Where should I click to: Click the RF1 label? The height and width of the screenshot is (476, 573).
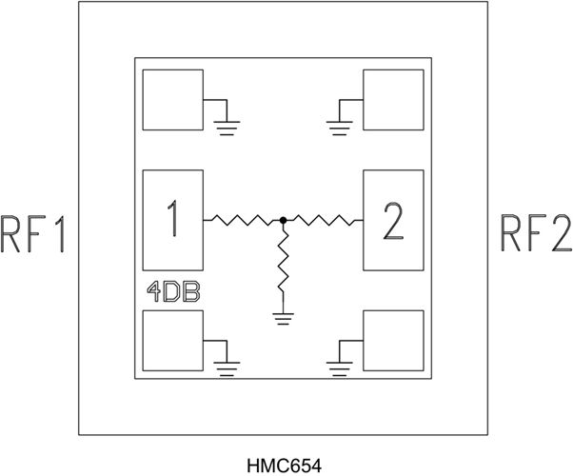click(x=33, y=234)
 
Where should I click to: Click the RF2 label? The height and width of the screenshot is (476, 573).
click(x=536, y=233)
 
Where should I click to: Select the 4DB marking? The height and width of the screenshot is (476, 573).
click(x=173, y=291)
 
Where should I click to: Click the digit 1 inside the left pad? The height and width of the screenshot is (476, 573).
click(x=173, y=218)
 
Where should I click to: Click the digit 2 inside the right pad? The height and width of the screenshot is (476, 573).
click(x=393, y=221)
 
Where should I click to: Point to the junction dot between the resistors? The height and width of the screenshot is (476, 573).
click(x=283, y=220)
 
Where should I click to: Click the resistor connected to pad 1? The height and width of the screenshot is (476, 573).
click(x=243, y=220)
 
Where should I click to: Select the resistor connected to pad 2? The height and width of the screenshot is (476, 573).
click(x=323, y=220)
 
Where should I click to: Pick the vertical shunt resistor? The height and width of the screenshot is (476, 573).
click(x=283, y=263)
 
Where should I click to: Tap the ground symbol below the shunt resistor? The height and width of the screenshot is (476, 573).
click(x=283, y=319)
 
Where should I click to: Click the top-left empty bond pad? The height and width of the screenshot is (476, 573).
click(x=173, y=100)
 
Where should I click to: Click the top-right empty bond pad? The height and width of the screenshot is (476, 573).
click(x=393, y=100)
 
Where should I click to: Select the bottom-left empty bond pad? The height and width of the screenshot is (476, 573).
click(x=173, y=341)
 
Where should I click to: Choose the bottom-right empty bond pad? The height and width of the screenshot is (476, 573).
click(x=393, y=341)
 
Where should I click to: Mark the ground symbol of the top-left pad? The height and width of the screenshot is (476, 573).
click(x=227, y=128)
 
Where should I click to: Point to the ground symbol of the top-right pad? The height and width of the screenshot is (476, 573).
click(x=340, y=128)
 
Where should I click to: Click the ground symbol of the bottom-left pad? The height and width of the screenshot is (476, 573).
click(x=227, y=368)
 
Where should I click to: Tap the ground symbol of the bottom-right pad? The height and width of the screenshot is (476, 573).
click(x=340, y=368)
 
